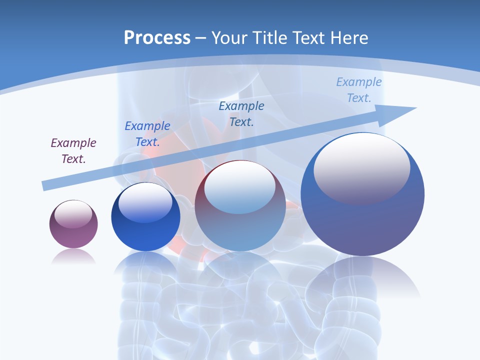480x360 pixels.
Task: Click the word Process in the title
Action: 157,38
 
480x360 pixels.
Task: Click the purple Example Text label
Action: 73,150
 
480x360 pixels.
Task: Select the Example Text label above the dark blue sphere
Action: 147,133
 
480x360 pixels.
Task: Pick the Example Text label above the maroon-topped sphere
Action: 241,113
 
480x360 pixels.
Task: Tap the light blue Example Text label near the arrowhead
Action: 359,89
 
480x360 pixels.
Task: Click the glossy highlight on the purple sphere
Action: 73,213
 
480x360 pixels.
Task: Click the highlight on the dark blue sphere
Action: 145,203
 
